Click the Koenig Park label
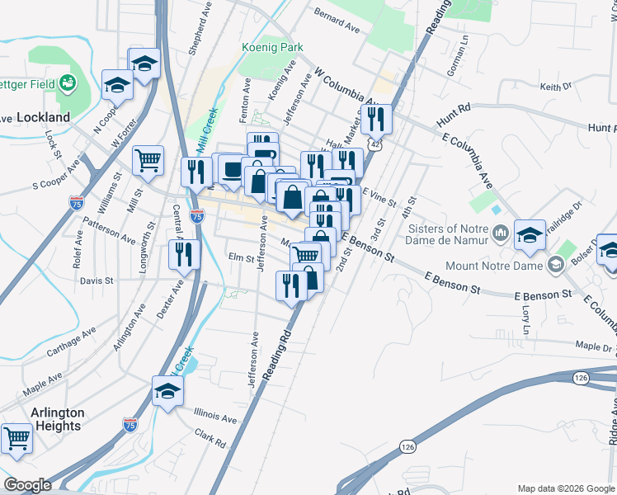click(267, 48)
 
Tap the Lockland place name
click(42, 118)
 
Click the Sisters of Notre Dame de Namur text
click(449, 234)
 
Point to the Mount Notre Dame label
click(492, 266)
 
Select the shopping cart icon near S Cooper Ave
click(148, 159)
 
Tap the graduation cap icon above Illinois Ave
click(167, 390)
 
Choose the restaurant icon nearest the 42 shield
click(377, 119)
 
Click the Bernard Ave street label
click(337, 21)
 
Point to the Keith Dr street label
click(555, 86)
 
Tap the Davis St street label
click(96, 280)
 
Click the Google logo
click(27, 485)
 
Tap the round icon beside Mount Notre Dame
click(556, 265)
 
